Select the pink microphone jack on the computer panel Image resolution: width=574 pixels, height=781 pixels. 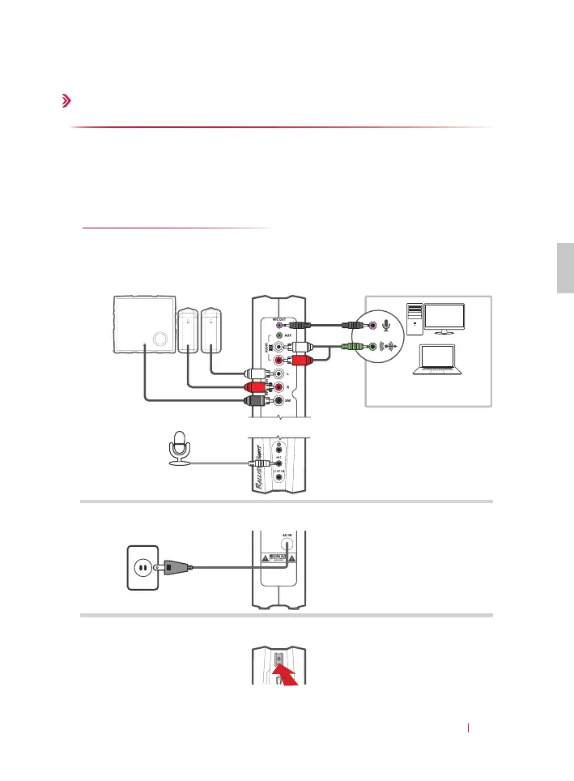pyautogui.click(x=373, y=326)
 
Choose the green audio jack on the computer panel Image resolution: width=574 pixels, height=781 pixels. pyautogui.click(x=373, y=347)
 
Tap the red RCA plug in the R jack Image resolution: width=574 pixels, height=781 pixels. pyautogui.click(x=258, y=387)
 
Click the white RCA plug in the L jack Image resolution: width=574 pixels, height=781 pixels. pyautogui.click(x=258, y=374)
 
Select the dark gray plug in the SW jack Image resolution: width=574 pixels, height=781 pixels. pyautogui.click(x=258, y=400)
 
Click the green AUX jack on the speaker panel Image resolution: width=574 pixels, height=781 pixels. pyautogui.click(x=280, y=334)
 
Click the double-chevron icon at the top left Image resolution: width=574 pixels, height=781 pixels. pyautogui.click(x=66, y=101)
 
